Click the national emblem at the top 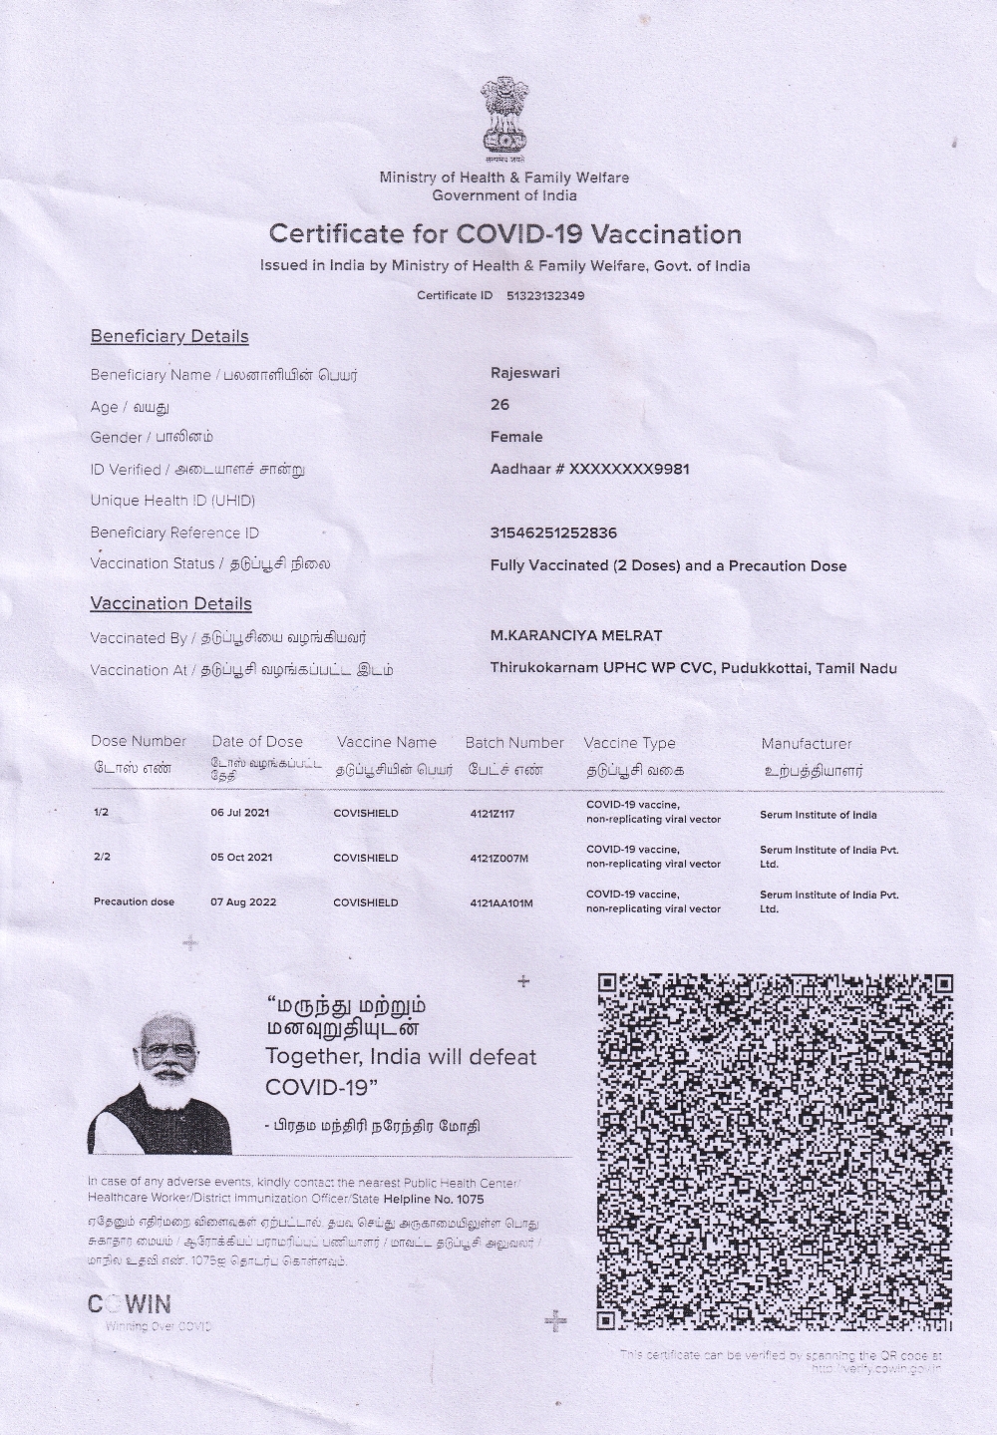pos(503,120)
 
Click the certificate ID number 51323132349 pos(545,296)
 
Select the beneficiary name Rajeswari pos(524,373)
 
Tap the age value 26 pos(499,405)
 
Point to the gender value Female pos(516,437)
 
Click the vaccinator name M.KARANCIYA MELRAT pos(575,635)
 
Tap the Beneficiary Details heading pos(169,337)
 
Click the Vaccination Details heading pos(170,603)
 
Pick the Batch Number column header pos(514,743)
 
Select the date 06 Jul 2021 pos(239,813)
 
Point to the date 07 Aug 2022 pos(243,902)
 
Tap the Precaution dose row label pos(134,902)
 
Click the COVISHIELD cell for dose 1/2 pos(365,814)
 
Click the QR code pos(775,1152)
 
